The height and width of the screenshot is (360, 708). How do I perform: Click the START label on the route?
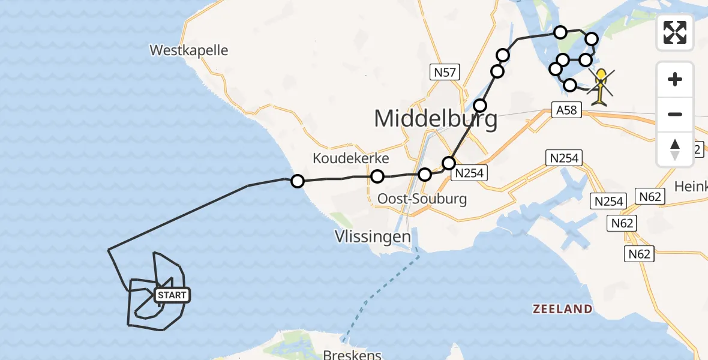[x=172, y=295]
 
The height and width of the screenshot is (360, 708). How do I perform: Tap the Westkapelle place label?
[x=190, y=50]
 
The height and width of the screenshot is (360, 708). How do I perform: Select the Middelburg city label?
[x=436, y=119]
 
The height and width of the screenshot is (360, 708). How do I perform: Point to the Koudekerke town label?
[x=351, y=158]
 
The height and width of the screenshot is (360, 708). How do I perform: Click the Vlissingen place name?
[x=373, y=236]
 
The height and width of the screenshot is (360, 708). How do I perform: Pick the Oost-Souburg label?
[x=422, y=199]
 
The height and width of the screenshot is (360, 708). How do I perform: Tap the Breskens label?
[x=352, y=355]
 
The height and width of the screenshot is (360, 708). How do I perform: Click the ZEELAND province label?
[x=563, y=309]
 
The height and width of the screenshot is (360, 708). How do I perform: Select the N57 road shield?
[x=445, y=73]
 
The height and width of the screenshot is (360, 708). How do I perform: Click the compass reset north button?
[x=675, y=149]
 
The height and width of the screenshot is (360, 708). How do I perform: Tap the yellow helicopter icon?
[x=601, y=86]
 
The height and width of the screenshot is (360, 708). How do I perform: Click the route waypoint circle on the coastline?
[x=297, y=181]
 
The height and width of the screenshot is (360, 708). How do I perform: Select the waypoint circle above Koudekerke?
[x=377, y=176]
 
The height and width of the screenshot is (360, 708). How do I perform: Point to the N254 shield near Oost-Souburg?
[x=469, y=173]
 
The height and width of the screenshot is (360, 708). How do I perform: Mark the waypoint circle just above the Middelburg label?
[x=480, y=106]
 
